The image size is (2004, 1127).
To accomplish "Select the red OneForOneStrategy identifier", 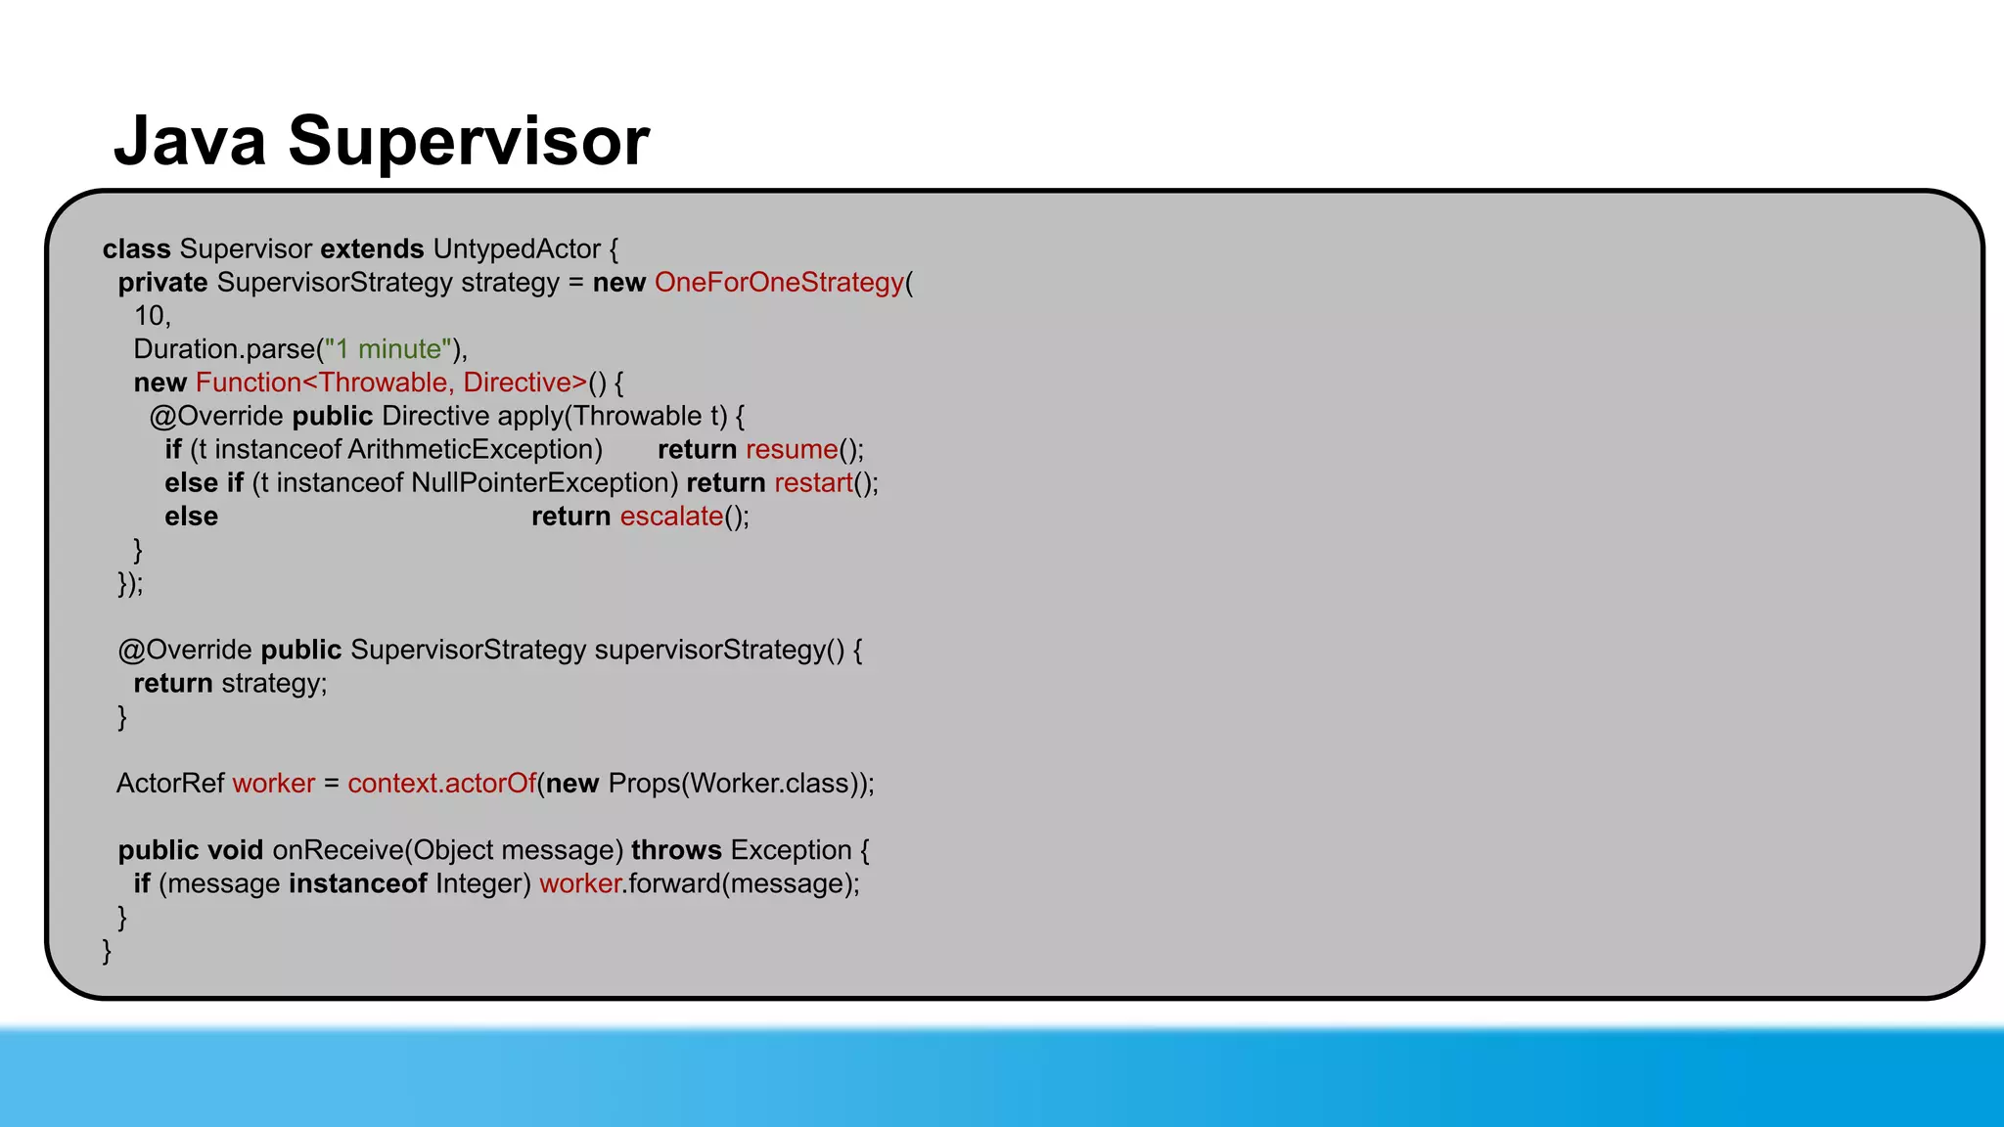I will click(779, 283).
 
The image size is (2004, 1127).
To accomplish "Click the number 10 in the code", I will click(150, 316).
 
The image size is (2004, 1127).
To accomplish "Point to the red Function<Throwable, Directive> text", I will click(391, 383).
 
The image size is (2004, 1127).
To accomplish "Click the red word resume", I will click(792, 450).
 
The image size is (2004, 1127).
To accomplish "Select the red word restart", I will click(813, 483).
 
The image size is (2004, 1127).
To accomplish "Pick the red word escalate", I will click(671, 517).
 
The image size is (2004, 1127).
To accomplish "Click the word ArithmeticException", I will click(475, 450).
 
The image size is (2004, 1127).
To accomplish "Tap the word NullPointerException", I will click(544, 483).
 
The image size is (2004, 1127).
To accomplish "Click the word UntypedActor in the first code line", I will click(517, 249).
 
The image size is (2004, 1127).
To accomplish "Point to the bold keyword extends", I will click(372, 249).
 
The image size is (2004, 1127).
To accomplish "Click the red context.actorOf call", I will click(441, 784).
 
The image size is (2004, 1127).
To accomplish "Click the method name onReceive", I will click(338, 850).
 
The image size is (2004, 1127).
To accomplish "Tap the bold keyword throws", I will click(676, 850).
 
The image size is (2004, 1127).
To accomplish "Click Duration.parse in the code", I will click(224, 349).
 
